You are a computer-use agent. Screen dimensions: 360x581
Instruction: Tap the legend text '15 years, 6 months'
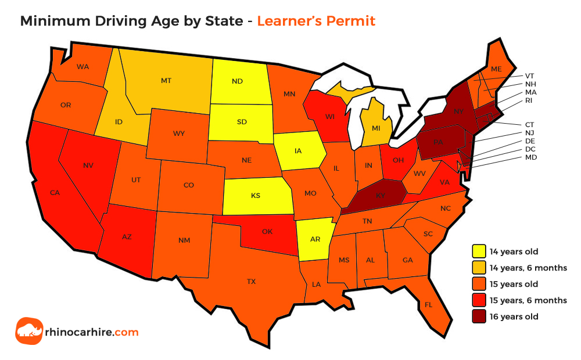(x=529, y=300)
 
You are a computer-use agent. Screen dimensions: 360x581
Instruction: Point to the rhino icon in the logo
(x=28, y=332)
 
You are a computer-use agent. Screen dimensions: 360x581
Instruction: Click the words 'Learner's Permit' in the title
(x=316, y=21)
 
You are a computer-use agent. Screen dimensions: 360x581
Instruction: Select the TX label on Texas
(x=251, y=282)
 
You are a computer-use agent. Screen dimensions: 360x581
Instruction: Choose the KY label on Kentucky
(x=381, y=196)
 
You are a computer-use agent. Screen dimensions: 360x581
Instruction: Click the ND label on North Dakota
(x=237, y=81)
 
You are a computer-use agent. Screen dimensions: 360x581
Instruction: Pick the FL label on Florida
(x=428, y=304)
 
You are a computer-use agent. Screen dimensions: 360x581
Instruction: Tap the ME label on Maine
(x=496, y=69)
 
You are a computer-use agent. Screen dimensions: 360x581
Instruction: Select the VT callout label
(x=529, y=75)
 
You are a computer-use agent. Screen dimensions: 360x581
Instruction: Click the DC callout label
(x=530, y=149)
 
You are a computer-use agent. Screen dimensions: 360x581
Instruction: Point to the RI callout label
(x=529, y=100)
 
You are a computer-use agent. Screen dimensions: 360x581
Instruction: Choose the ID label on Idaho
(x=118, y=121)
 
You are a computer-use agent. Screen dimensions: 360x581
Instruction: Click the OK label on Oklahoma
(x=267, y=231)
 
